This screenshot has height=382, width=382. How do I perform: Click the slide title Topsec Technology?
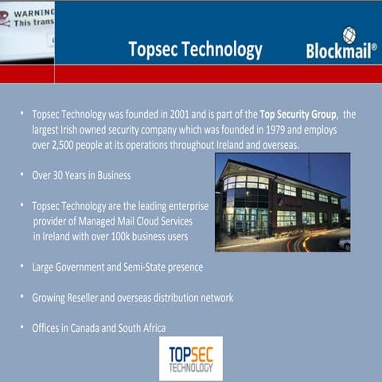point(195,50)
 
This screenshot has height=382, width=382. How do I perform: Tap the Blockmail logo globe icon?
point(349,34)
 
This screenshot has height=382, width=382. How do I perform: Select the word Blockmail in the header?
point(339,53)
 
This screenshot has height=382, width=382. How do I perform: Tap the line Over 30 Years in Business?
point(81,175)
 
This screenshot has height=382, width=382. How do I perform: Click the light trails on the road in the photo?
point(306,241)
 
